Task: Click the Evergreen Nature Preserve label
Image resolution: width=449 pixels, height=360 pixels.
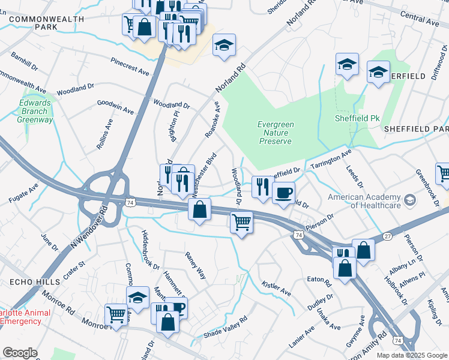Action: [x=276, y=133]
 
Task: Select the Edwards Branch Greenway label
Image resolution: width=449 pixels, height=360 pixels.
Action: [x=35, y=111]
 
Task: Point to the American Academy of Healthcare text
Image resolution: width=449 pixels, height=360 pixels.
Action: [x=364, y=201]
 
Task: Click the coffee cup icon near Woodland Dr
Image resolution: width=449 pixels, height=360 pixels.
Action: [x=283, y=193]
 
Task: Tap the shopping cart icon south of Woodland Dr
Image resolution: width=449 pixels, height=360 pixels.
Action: [x=241, y=222]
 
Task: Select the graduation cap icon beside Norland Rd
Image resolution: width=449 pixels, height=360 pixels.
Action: [x=224, y=45]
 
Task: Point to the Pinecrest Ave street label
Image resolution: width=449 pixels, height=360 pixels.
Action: [x=130, y=67]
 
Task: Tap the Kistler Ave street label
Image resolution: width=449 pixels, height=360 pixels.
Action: [x=276, y=289]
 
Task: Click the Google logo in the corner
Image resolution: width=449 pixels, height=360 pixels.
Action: [x=20, y=353]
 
